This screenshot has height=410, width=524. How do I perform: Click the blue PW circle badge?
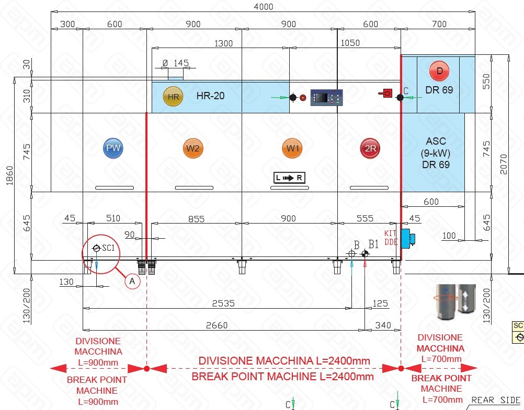click(113, 148)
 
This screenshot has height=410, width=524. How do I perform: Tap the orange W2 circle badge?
click(193, 148)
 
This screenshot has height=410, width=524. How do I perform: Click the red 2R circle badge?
click(370, 149)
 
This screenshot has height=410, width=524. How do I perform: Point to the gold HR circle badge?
click(173, 97)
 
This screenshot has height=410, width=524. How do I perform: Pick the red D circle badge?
click(439, 71)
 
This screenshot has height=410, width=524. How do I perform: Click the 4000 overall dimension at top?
click(263, 7)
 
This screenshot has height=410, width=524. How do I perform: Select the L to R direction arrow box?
click(290, 178)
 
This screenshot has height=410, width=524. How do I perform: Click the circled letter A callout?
click(132, 281)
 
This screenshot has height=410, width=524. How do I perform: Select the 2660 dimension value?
click(217, 325)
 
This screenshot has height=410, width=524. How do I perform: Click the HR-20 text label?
click(211, 96)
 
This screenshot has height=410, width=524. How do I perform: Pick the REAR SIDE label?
click(496, 400)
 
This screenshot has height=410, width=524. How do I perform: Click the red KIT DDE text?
click(391, 238)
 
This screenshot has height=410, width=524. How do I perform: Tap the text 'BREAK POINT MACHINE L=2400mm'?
click(282, 377)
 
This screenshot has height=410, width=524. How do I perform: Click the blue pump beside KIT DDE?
click(407, 238)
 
